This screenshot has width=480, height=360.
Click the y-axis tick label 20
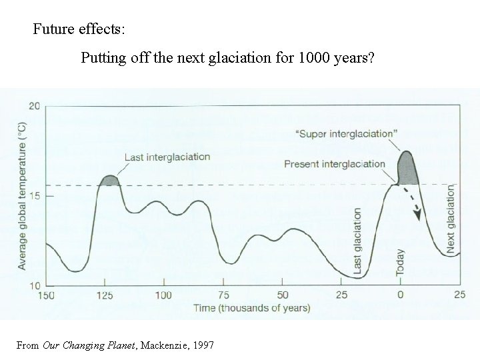[x=35, y=107]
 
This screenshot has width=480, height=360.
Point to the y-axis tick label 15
[x=35, y=196]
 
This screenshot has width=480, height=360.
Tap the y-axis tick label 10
[x=35, y=285]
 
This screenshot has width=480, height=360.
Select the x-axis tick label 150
[x=46, y=295]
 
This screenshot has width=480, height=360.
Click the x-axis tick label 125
[x=105, y=295]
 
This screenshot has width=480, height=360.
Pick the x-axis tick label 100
[x=163, y=295]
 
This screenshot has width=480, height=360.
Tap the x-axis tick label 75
[x=224, y=295]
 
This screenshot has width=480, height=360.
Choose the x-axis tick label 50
[x=283, y=295]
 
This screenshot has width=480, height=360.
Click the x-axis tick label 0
[x=401, y=295]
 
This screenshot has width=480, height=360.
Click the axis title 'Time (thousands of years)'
[x=251, y=307]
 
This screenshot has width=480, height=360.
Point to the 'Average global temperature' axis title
[x=21, y=196]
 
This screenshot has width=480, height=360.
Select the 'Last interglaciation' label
[x=167, y=157]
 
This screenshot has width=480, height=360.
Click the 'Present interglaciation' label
[x=334, y=163]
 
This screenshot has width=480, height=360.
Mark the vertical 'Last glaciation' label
[x=357, y=241]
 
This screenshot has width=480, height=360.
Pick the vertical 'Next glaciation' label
[x=451, y=220]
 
